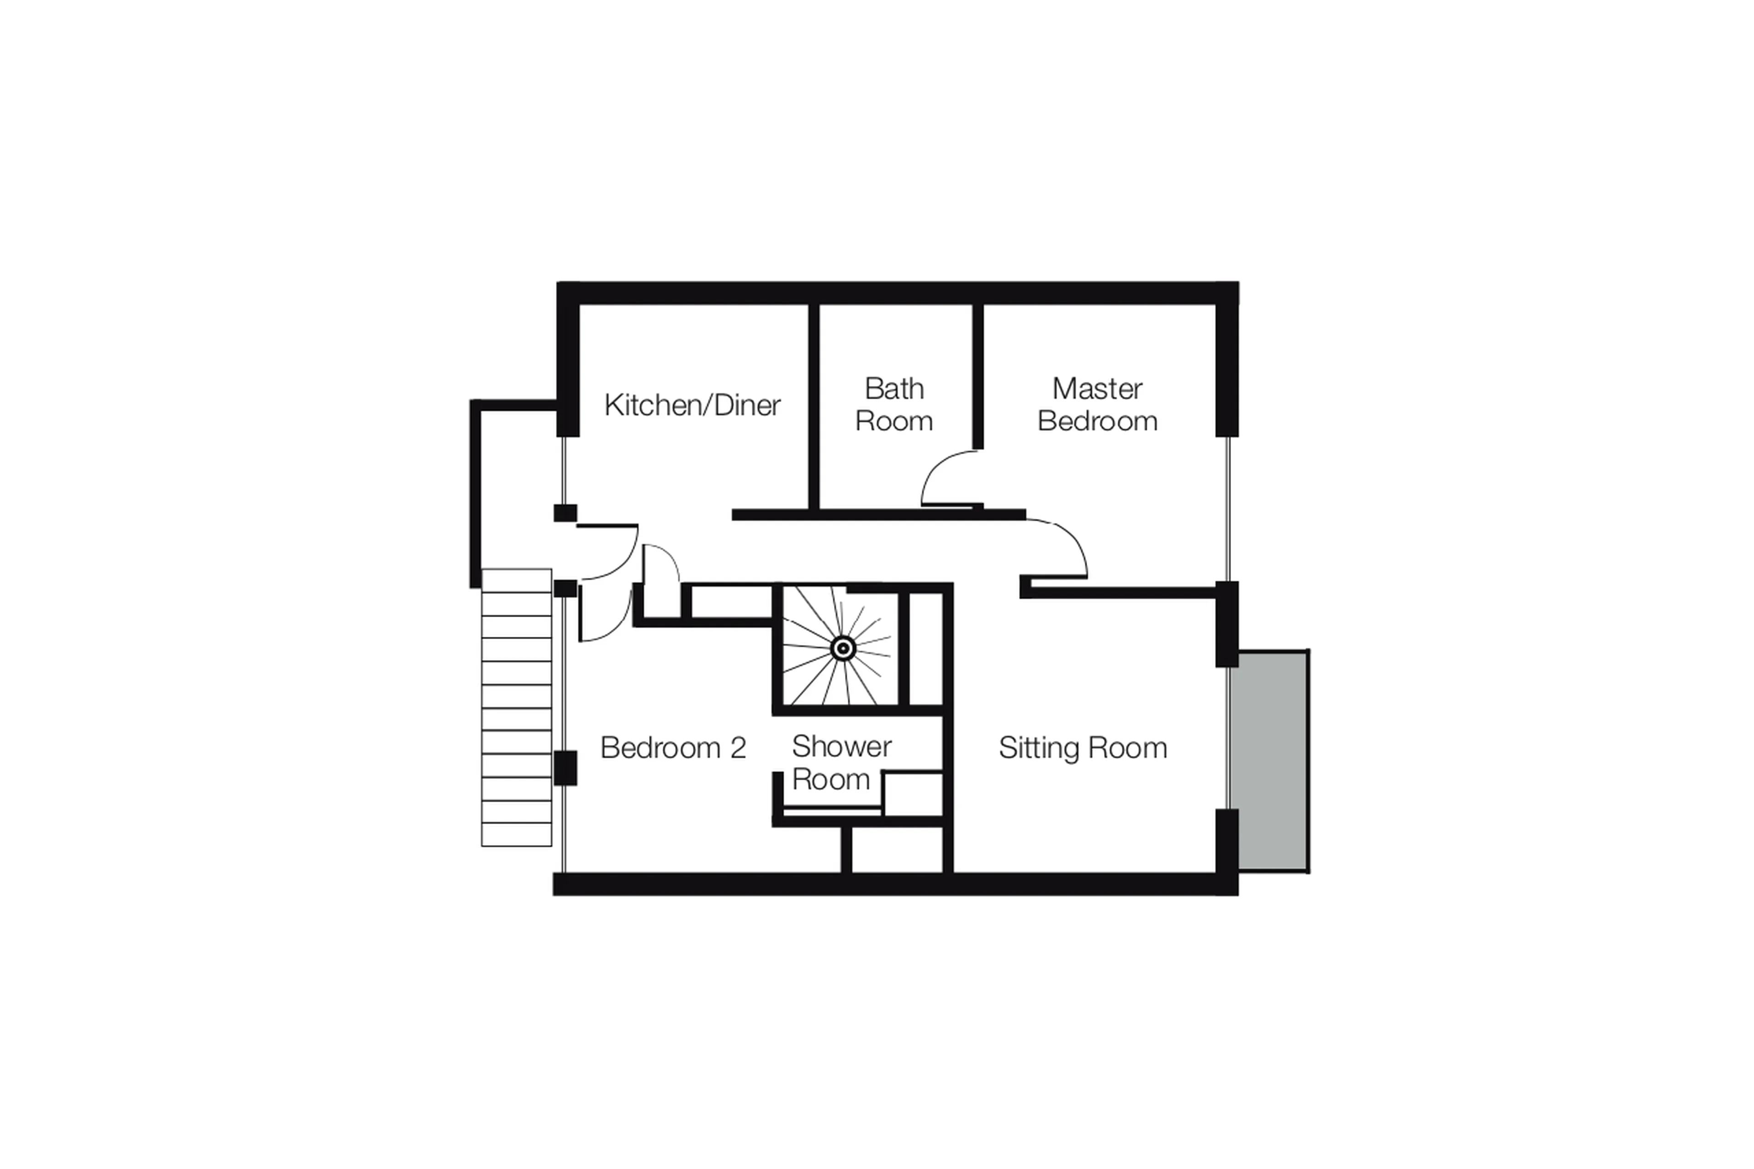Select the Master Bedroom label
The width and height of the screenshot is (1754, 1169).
click(1097, 405)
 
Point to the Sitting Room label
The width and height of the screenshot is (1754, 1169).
click(1083, 748)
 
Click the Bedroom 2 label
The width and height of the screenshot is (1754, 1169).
click(672, 748)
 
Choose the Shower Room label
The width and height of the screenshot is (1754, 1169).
click(841, 763)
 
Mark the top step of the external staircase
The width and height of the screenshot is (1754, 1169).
click(516, 581)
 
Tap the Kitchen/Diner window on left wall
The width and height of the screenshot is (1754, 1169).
click(564, 470)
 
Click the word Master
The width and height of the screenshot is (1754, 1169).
click(1097, 388)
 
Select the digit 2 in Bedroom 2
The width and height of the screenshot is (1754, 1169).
click(738, 748)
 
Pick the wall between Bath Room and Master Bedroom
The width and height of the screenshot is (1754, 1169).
click(977, 376)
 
